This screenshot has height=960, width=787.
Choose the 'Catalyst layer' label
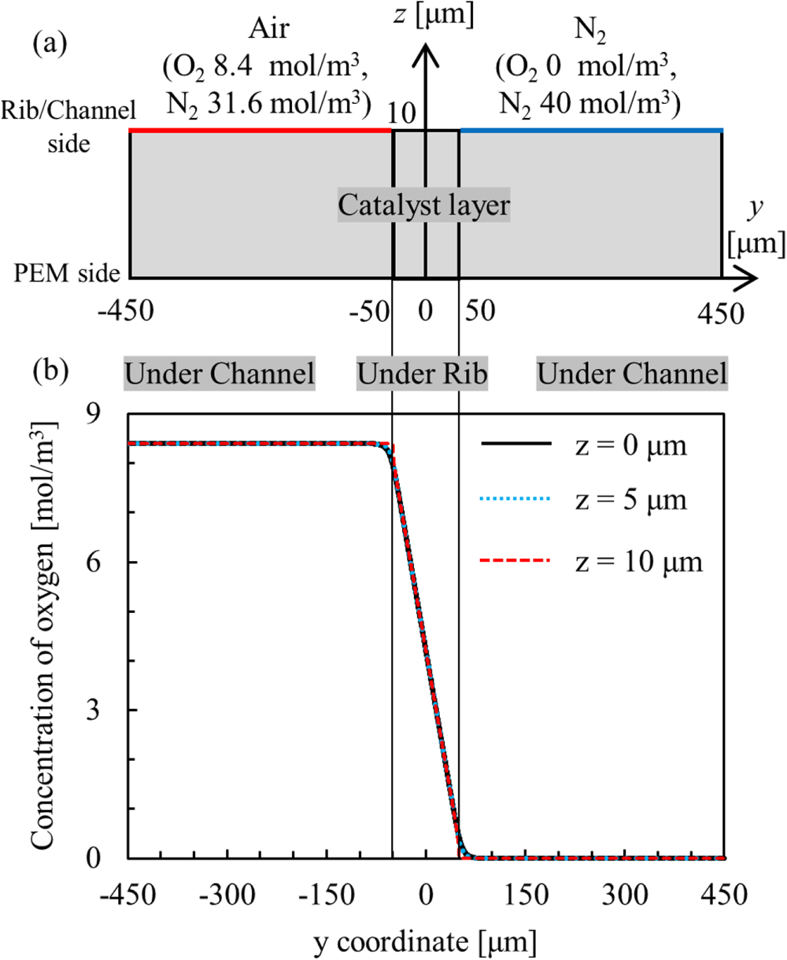424,206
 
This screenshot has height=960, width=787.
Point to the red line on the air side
260,130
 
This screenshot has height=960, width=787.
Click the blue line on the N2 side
590,130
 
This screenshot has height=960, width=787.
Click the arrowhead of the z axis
425,49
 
